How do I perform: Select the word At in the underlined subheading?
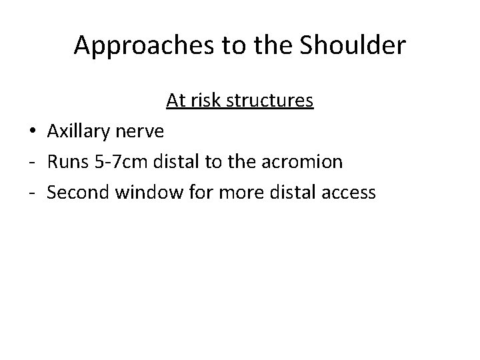pyautogui.click(x=175, y=101)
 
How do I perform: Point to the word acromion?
pyautogui.click(x=307, y=162)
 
